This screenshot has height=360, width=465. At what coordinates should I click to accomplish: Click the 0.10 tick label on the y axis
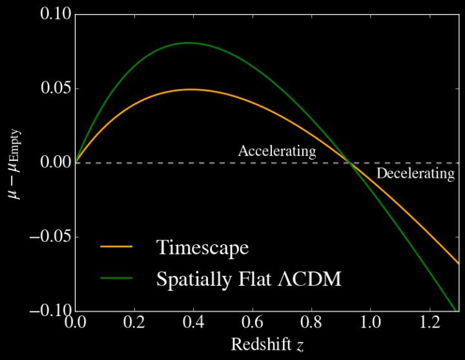point(54,14)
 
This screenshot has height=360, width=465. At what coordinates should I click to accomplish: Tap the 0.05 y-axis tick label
point(54,89)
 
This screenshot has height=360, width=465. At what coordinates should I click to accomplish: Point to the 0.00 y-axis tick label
point(54,163)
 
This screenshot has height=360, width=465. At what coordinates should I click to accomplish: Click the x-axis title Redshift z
point(266,345)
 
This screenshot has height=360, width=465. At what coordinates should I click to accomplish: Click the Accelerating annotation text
point(277,151)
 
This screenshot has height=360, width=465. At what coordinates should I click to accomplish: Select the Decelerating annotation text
point(415,174)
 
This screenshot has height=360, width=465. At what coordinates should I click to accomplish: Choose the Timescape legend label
point(202,248)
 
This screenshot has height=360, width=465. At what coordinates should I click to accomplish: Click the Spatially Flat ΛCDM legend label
point(248,279)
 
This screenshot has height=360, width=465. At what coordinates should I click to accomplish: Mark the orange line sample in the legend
point(116,248)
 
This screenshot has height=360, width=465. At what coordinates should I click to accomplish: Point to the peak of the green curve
point(189,43)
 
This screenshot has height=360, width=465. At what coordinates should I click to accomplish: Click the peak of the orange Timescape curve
point(191,89)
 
